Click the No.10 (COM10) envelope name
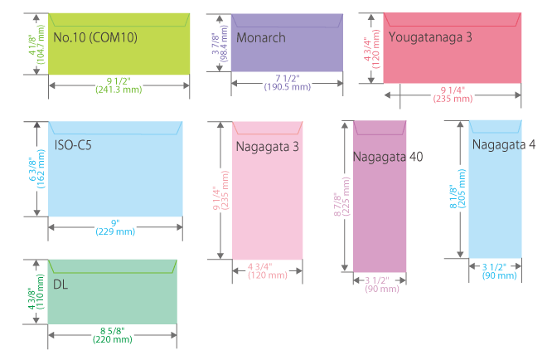click(x=95, y=37)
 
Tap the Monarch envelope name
click(x=260, y=37)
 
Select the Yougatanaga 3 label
click(x=429, y=37)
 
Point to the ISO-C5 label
click(x=75, y=145)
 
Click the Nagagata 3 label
click(x=267, y=147)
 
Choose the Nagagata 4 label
click(x=504, y=144)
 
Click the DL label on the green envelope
click(x=61, y=285)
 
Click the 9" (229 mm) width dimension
click(x=115, y=226)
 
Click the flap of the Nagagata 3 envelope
click(x=267, y=128)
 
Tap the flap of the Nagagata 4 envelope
click(x=495, y=126)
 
